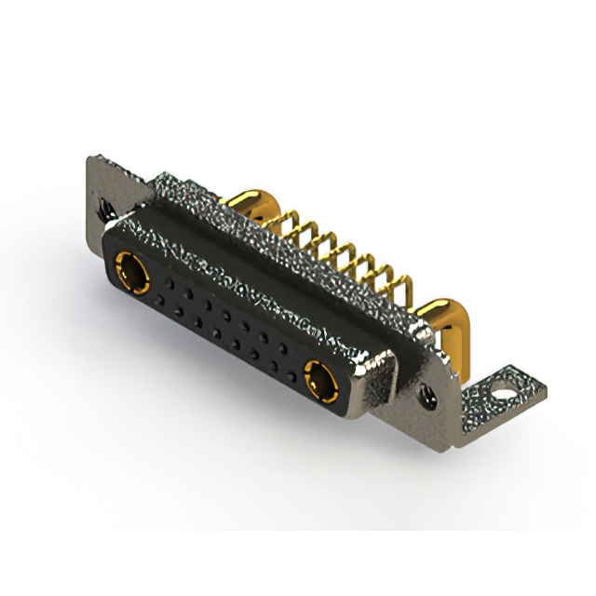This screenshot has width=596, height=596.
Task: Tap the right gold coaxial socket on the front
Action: (x=321, y=380)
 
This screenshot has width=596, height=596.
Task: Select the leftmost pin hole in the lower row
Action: (x=157, y=300)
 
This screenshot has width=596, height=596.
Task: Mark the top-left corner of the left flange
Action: (x=89, y=158)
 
